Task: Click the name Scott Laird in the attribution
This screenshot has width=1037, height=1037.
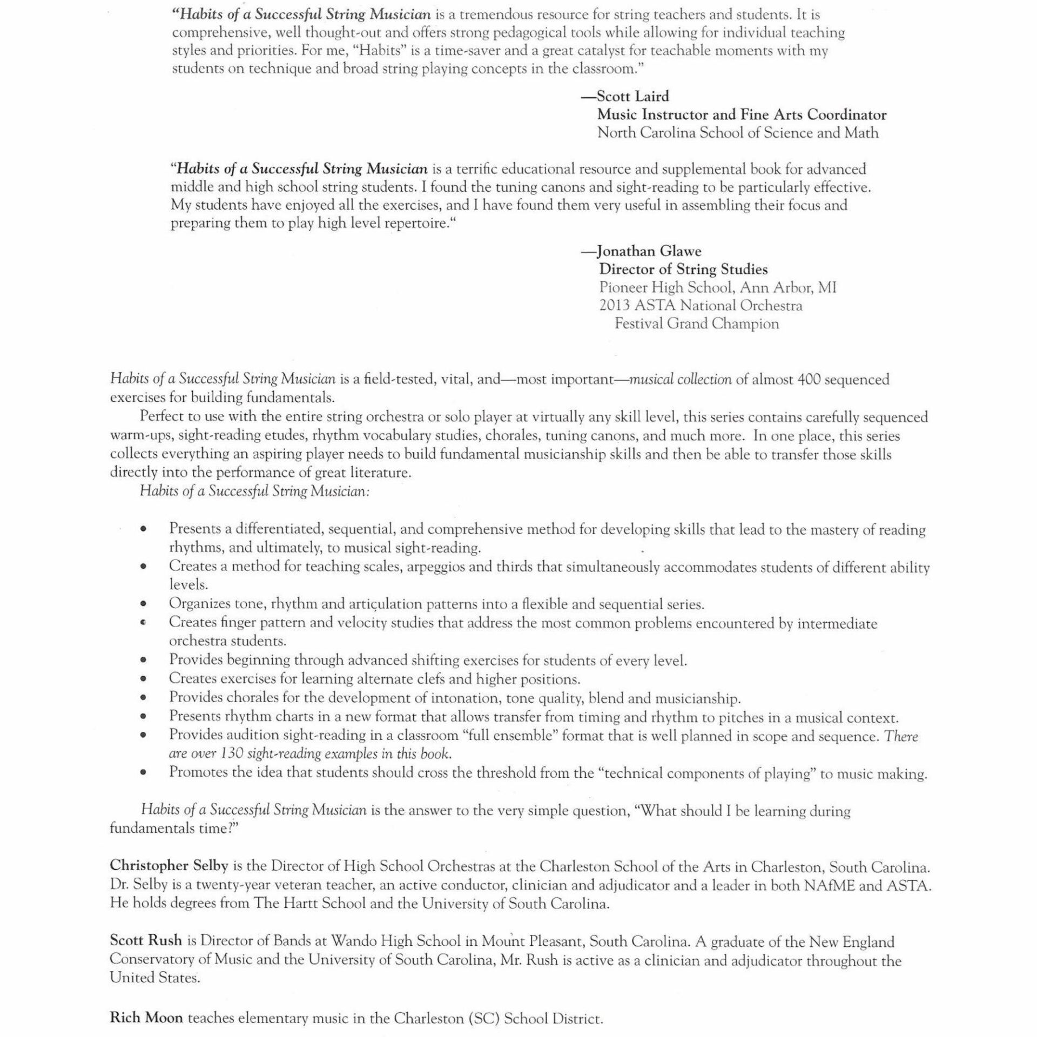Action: tap(632, 97)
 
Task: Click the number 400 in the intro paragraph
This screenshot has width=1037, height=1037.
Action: tap(809, 380)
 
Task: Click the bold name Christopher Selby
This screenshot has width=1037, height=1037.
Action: tap(169, 865)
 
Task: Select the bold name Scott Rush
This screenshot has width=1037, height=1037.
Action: tap(146, 940)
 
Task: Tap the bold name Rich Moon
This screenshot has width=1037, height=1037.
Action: tap(146, 1018)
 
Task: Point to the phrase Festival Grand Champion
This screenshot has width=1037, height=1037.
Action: tap(697, 324)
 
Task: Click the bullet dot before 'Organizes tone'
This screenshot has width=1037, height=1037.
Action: tap(143, 604)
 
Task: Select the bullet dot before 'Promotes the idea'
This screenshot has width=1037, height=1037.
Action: tap(143, 772)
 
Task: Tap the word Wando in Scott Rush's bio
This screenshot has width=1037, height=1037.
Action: tap(353, 941)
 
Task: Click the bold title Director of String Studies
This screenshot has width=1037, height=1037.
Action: tap(683, 269)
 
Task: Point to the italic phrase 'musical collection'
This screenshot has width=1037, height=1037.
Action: tap(681, 380)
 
